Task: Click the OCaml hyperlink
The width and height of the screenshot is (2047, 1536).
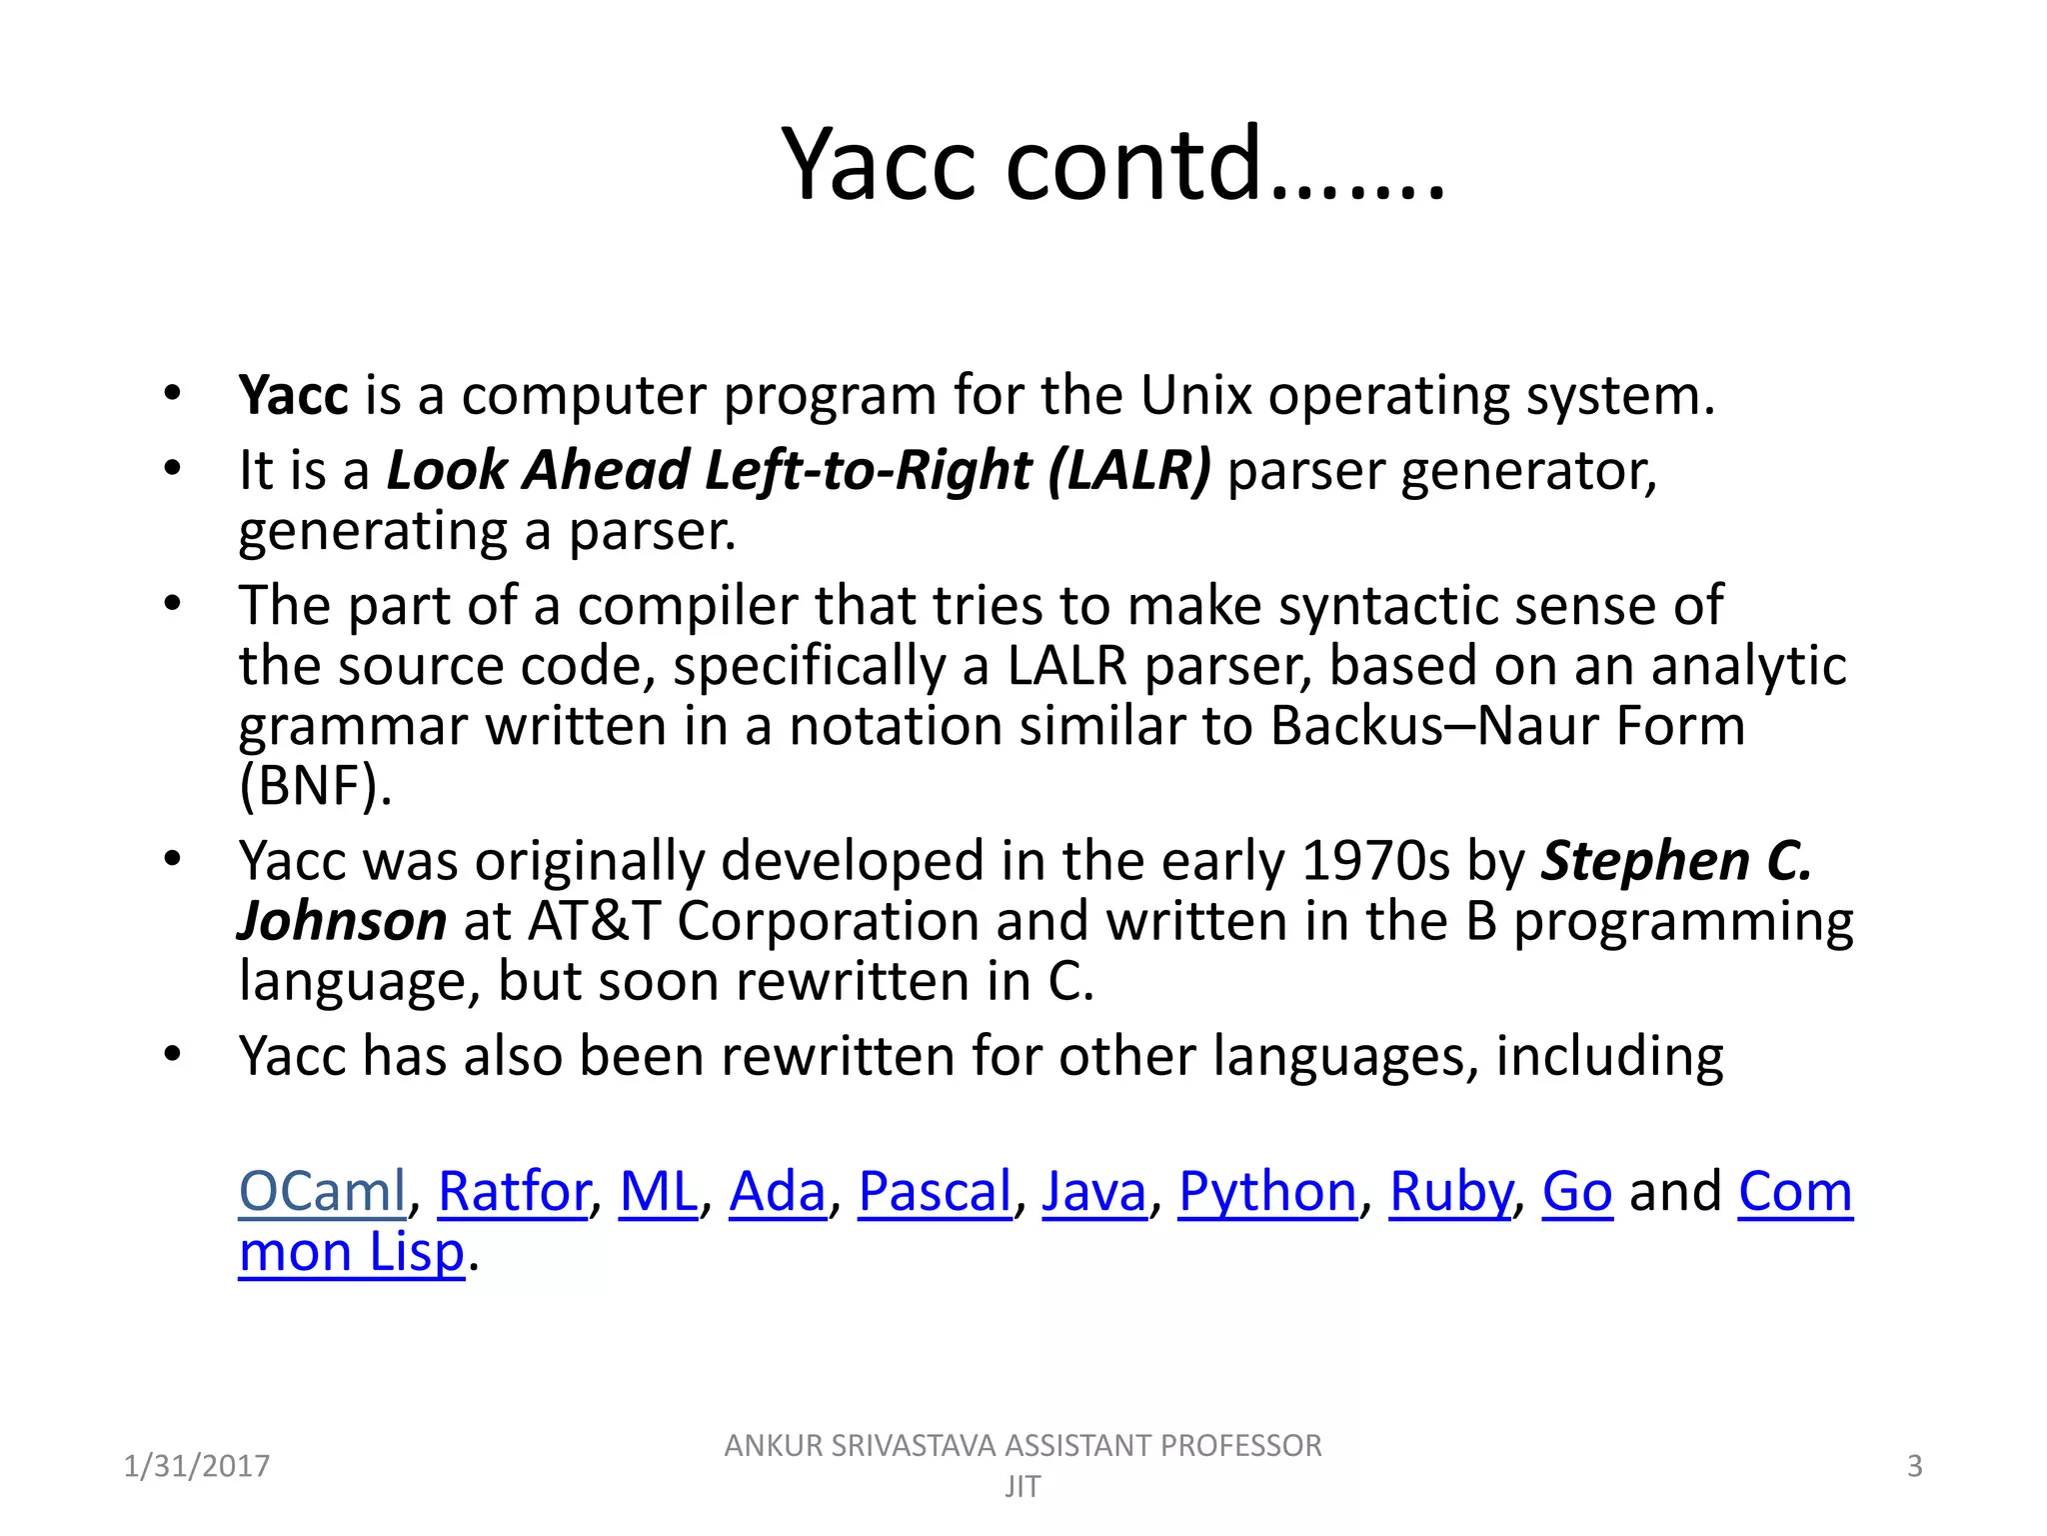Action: coord(322,1191)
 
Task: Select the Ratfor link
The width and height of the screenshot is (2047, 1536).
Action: coord(513,1191)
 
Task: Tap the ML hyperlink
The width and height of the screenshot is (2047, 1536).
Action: coord(658,1191)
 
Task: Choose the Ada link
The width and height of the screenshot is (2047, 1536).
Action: coord(777,1191)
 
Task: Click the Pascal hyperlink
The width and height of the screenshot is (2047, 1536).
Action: coord(935,1191)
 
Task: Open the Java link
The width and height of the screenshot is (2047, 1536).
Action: coord(1093,1191)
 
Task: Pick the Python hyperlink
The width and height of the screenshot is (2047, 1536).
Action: coord(1266,1191)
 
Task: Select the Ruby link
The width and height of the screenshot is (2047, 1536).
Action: coord(1450,1191)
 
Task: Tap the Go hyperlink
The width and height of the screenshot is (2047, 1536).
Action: coord(1576,1191)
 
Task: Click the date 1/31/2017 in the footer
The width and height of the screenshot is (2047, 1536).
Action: coord(196,1466)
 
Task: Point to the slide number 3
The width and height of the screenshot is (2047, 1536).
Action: coord(1914,1466)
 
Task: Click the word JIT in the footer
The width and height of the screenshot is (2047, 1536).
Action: coord(1023,1487)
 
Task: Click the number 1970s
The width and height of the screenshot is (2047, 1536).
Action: coord(1374,860)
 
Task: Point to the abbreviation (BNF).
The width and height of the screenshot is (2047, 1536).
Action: coord(314,785)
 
